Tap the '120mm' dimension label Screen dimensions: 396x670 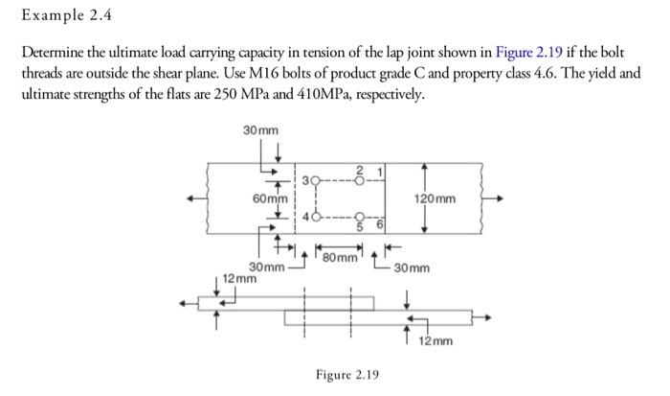tap(435, 199)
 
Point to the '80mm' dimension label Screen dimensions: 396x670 tap(340, 256)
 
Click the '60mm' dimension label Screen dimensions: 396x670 tap(271, 199)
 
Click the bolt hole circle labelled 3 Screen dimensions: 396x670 tap(314, 179)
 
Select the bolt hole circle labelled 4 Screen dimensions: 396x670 tap(314, 218)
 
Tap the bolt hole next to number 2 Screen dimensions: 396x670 tap(359, 179)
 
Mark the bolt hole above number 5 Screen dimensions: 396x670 tap(359, 218)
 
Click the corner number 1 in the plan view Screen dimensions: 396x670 tap(379, 170)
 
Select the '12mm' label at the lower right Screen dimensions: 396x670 tap(435, 340)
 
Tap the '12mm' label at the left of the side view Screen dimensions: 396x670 tap(238, 278)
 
